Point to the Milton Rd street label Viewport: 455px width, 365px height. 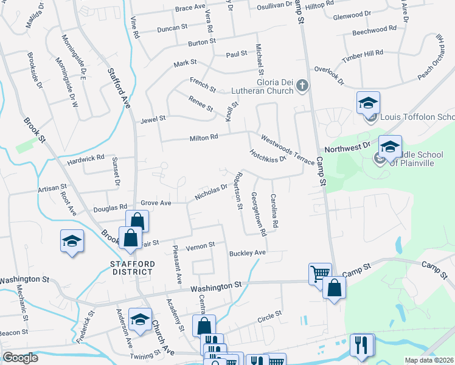tap(205, 137)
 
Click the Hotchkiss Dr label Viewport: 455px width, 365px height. tap(268, 156)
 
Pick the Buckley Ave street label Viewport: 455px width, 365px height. tap(248, 252)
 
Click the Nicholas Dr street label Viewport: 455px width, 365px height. tap(210, 192)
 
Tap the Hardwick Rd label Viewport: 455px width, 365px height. tap(86, 159)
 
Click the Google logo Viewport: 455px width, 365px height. tap(21, 358)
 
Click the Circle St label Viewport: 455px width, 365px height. tap(270, 316)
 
